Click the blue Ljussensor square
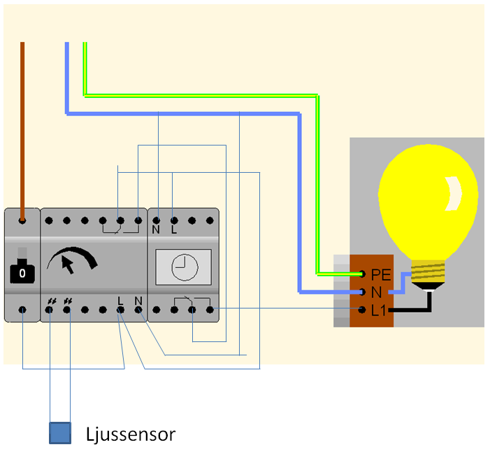pos(60,433)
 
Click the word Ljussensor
pos(130,434)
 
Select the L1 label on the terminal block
pos(379,310)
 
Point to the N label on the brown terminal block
pos(376,292)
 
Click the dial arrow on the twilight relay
pos(68,264)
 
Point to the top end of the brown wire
pos(22,45)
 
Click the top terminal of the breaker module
pos(22,220)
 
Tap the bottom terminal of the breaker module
pos(22,308)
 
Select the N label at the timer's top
pos(156,229)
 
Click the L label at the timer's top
pos(173,229)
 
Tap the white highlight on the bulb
pos(454,192)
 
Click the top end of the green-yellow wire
pos(85,45)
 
